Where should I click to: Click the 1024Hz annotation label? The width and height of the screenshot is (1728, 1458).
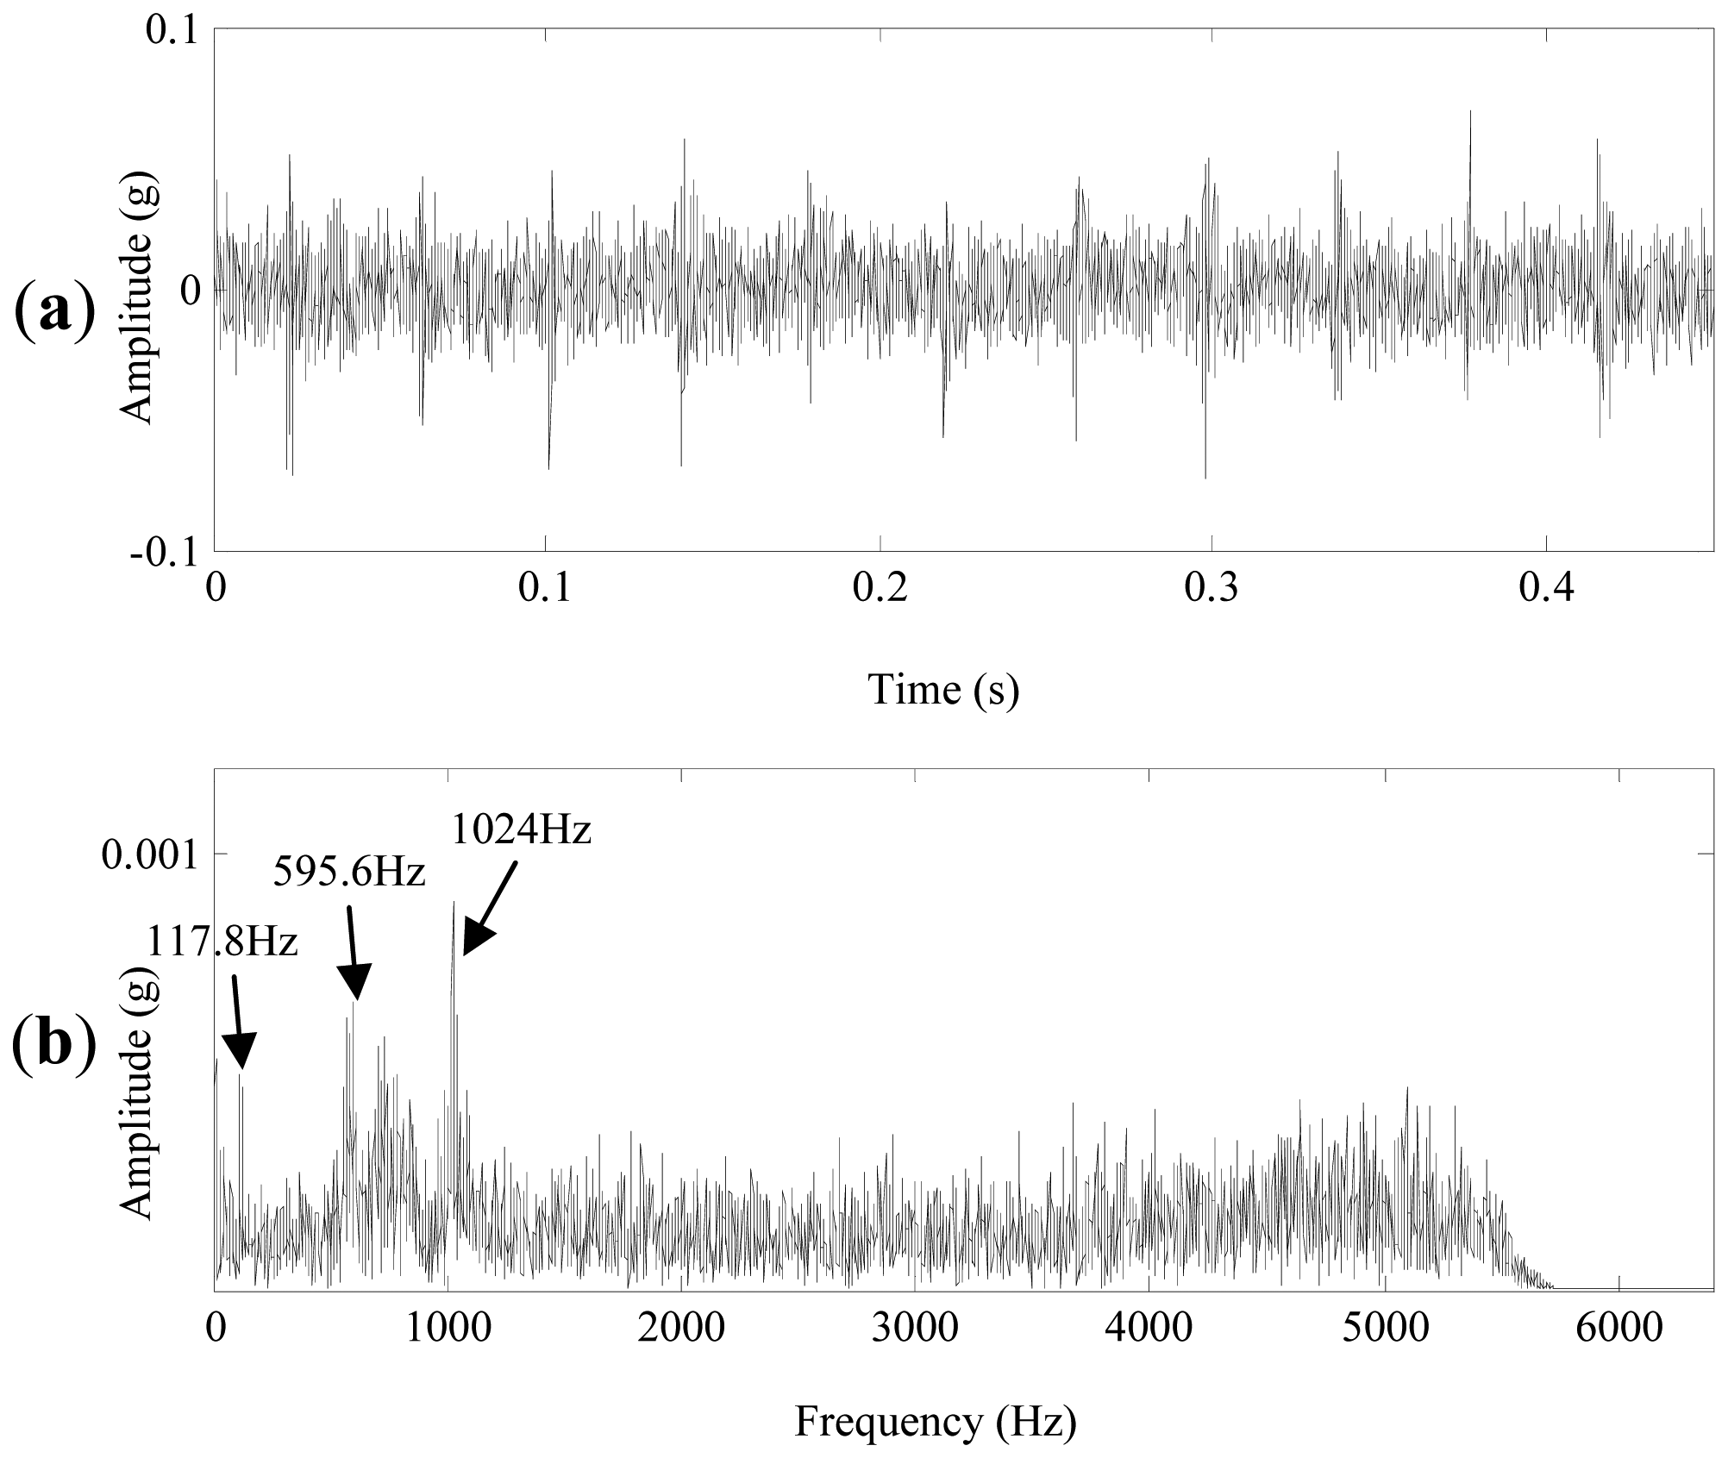[x=522, y=830]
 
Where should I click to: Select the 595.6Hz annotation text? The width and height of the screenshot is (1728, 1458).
[x=349, y=873]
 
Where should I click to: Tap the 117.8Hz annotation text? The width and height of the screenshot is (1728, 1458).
[x=222, y=942]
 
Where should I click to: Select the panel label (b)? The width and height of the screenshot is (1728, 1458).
[x=53, y=1044]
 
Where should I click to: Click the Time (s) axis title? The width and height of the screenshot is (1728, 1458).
[x=942, y=690]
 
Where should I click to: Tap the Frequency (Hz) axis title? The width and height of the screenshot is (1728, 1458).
[x=936, y=1421]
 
